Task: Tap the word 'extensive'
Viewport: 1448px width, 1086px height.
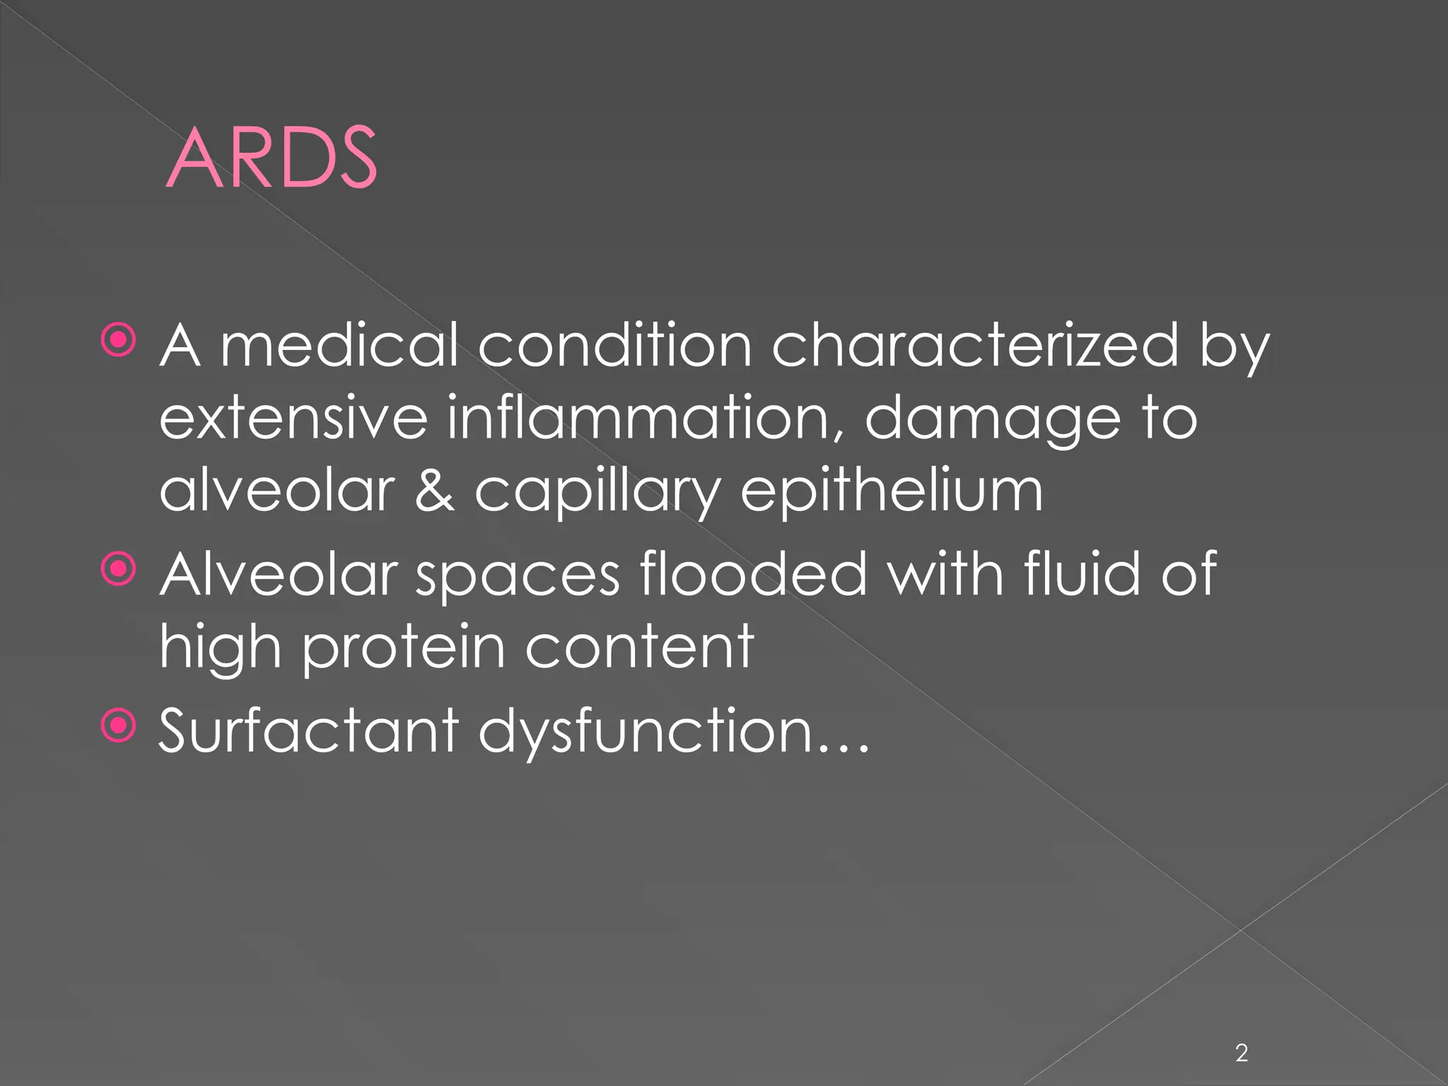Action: pos(293,419)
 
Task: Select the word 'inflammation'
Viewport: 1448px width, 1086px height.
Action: pos(647,419)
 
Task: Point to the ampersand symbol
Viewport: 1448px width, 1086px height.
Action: pos(434,491)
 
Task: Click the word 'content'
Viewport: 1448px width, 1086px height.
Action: pos(639,646)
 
